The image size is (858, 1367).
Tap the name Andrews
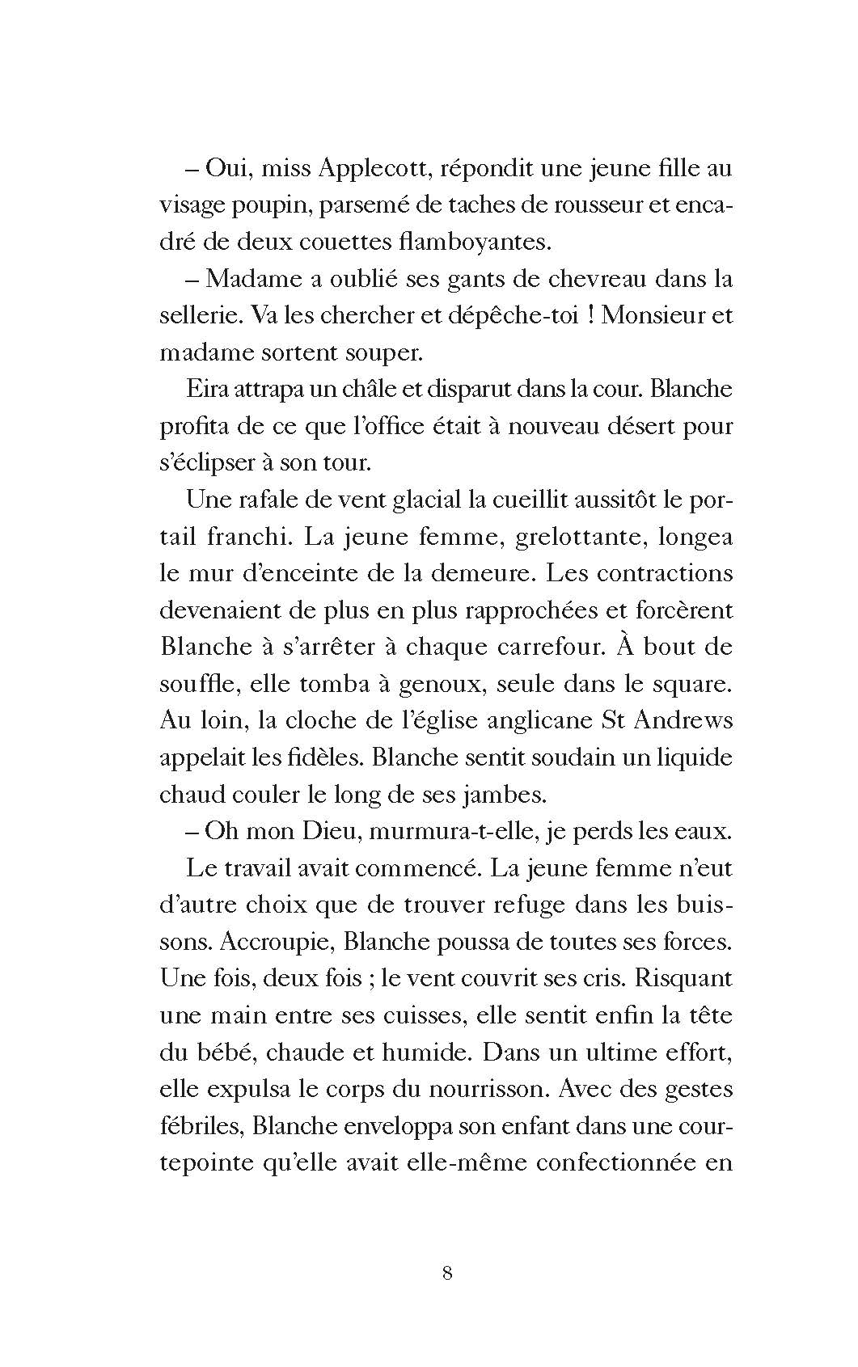click(x=683, y=720)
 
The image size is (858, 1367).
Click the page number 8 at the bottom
click(x=447, y=1273)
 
